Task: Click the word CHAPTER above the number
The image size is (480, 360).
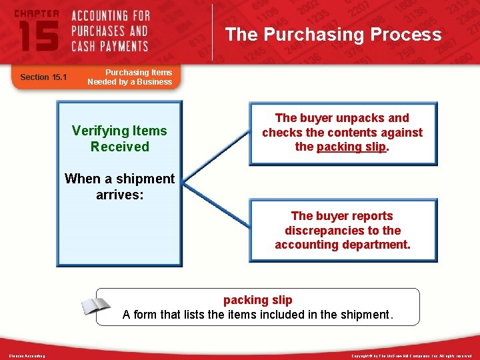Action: point(36,13)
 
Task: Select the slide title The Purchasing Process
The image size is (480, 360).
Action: point(333,35)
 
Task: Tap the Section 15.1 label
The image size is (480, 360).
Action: point(43,77)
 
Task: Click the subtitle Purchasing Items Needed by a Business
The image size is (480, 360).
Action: point(130,77)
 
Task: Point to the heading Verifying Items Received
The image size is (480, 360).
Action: point(120,139)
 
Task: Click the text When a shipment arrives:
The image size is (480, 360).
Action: point(120,187)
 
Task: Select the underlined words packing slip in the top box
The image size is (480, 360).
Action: point(351,147)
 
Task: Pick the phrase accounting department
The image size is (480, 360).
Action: point(343,245)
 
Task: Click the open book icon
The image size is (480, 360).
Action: point(95,307)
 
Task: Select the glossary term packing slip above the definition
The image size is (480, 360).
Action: point(257,300)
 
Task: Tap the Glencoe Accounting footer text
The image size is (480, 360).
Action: point(27,356)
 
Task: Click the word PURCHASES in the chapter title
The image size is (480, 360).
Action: point(110,31)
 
